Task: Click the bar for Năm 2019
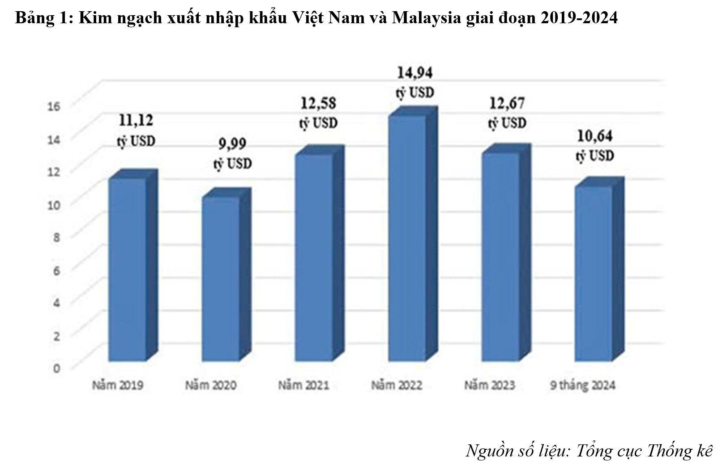[x=128, y=268]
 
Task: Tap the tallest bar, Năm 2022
[x=407, y=237]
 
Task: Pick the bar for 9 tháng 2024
[x=593, y=273]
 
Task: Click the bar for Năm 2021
[x=313, y=257]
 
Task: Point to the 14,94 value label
[x=415, y=72]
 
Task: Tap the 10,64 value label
[x=594, y=136]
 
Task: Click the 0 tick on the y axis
[x=57, y=368]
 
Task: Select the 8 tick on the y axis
[x=57, y=237]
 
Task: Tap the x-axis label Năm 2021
[x=303, y=385]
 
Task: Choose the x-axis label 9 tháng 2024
[x=582, y=385]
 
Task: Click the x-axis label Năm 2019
[x=118, y=385]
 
